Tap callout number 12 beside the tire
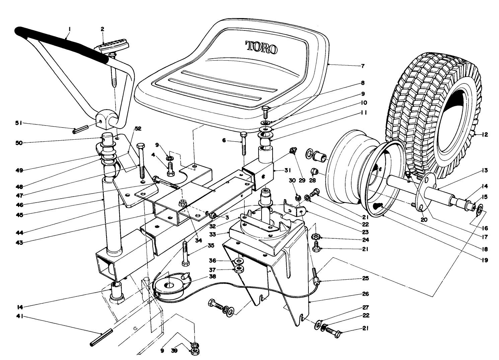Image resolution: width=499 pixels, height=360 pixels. (x=485, y=135)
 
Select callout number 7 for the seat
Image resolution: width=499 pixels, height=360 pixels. (x=363, y=66)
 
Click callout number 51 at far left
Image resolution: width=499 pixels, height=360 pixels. (x=19, y=123)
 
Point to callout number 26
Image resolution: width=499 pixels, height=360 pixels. (x=365, y=294)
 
